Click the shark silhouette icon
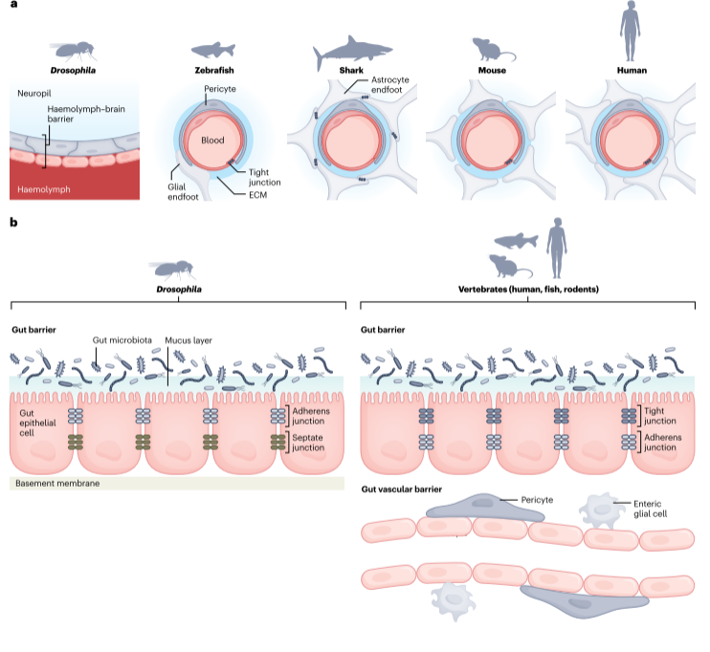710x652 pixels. coord(351,51)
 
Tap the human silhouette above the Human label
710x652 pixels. coord(630,31)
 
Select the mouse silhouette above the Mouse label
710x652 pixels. coord(493,50)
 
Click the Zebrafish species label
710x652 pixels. coord(214,70)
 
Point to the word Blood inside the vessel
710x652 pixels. coord(212,141)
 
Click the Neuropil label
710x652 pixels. coord(33,94)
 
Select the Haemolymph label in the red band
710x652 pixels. coord(44,189)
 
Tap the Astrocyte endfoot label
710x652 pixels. coord(389,85)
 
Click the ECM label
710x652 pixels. coord(257,195)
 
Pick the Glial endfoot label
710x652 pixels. coord(183,192)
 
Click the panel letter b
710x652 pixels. coord(13,222)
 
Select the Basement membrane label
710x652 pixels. coord(57,483)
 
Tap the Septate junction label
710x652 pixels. coord(308,443)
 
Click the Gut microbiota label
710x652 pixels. coord(122,340)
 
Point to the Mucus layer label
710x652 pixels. coord(189,340)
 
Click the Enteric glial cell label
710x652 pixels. coord(651,509)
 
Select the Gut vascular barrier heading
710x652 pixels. coord(402,489)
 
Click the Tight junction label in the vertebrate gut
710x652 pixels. coord(659,416)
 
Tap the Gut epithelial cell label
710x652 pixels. coord(37,424)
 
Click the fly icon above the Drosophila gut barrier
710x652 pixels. coord(172,270)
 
